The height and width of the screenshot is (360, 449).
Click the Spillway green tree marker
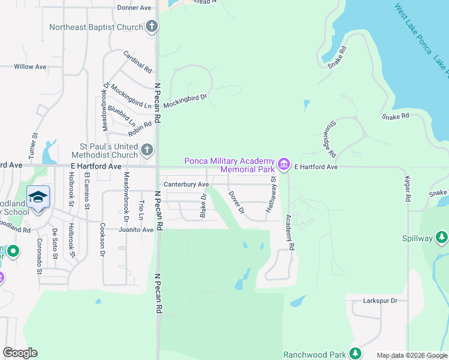pyautogui.click(x=442, y=238)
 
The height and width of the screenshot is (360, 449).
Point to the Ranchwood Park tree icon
pyautogui.click(x=355, y=353)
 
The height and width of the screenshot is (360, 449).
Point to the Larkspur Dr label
pyautogui.click(x=381, y=301)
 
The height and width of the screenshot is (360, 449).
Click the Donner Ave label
pyautogui.click(x=134, y=8)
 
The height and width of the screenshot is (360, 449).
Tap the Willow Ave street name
pyautogui.click(x=30, y=67)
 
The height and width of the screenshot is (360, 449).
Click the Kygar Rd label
pyautogui.click(x=407, y=189)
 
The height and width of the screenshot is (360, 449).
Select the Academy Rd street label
pyautogui.click(x=291, y=232)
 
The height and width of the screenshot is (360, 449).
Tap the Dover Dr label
pyautogui.click(x=237, y=203)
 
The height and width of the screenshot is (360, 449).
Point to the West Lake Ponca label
pyautogui.click(x=414, y=29)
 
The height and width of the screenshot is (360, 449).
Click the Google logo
pyautogui.click(x=20, y=353)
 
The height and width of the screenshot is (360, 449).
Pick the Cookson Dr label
pyautogui.click(x=102, y=240)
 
